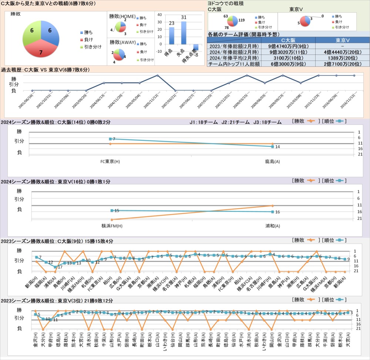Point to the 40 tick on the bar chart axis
[159, 15]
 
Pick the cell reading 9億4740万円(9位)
[288, 46]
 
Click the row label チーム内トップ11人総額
[234, 64]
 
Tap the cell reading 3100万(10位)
[288, 58]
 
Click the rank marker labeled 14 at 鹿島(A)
[273, 147]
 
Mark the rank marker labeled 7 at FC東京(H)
[110, 139]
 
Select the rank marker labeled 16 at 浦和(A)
[273, 212]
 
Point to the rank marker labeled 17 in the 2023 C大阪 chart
[55, 267]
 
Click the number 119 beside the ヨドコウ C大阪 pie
[242, 20]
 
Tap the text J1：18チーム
[205, 122]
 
